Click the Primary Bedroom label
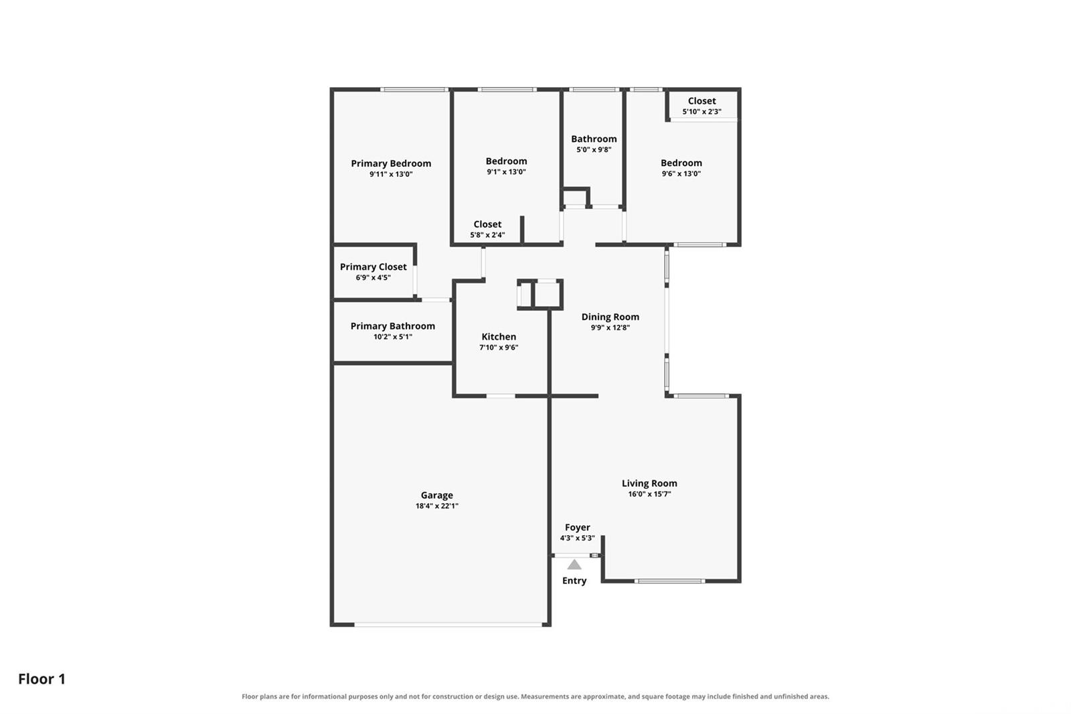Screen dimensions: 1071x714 (391, 163)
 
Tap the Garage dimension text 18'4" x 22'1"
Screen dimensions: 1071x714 (437, 506)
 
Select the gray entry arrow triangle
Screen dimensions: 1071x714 (574, 565)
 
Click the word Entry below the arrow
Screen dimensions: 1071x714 (574, 581)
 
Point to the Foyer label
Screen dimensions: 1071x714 (578, 527)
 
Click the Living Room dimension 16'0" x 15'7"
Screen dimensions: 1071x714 (649, 494)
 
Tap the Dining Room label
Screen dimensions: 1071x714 (610, 317)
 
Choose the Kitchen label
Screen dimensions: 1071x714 (499, 336)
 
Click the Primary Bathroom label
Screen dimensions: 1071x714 (392, 326)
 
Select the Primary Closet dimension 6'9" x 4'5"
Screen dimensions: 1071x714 (373, 277)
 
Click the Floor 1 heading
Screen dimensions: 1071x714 (42, 679)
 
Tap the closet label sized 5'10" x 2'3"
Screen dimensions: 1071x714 (702, 101)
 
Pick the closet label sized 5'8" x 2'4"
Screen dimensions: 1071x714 (487, 224)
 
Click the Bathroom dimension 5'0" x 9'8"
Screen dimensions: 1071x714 (594, 150)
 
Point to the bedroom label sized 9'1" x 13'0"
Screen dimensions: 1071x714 (506, 161)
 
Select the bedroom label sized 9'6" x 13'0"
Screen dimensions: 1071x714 (681, 163)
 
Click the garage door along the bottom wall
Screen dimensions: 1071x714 (448, 624)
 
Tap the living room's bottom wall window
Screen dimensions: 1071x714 (669, 581)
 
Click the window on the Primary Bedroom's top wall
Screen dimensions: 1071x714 (414, 90)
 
